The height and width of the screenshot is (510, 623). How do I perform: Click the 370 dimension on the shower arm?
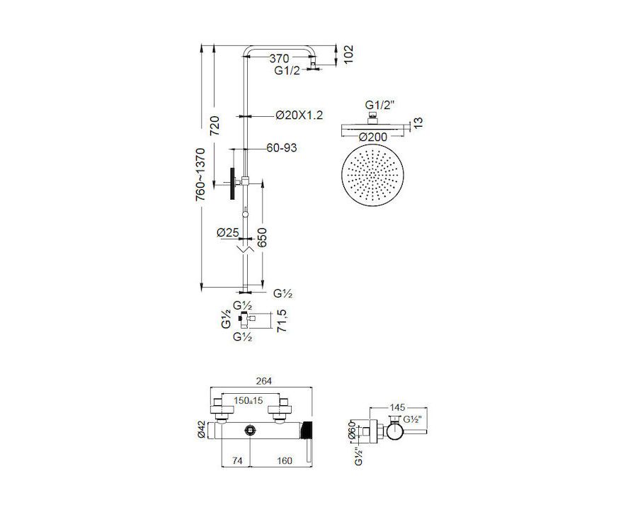coord(280,58)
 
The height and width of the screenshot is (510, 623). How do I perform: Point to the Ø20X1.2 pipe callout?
coord(299,115)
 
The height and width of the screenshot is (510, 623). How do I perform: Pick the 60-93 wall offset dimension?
coord(282,148)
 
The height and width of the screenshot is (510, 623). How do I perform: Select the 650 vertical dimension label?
coord(262,238)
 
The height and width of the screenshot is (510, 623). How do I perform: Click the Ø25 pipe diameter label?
coord(228,232)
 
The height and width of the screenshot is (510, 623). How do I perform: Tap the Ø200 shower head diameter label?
coord(372,137)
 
